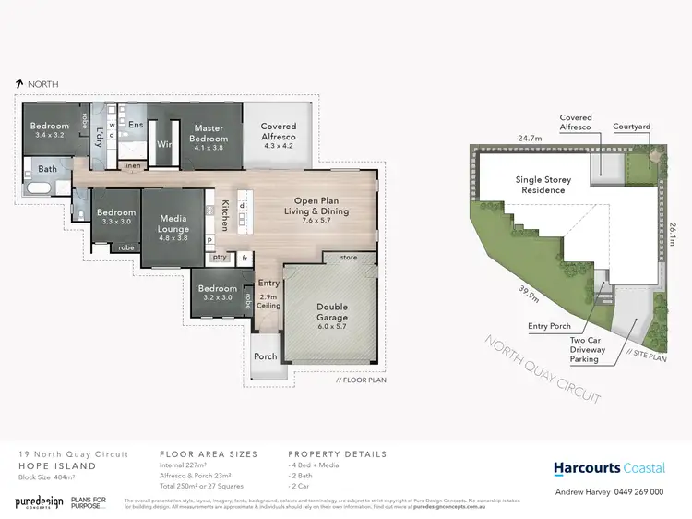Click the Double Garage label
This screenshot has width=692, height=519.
click(x=332, y=313)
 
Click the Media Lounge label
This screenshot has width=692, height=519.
click(x=173, y=224)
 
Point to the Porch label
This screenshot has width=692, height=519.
click(x=265, y=356)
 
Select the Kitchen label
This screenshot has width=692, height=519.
click(x=224, y=217)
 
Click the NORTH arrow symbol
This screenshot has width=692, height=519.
click(x=19, y=83)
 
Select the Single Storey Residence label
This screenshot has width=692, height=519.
click(x=536, y=184)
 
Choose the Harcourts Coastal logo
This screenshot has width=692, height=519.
click(x=608, y=468)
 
